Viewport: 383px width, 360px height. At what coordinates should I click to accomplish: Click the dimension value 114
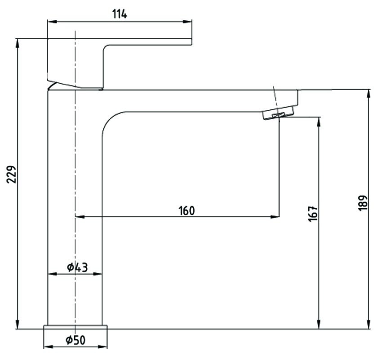click(x=119, y=14)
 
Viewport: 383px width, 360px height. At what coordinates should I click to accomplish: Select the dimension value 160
click(x=186, y=210)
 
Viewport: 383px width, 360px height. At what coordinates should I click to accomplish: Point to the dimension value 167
click(x=313, y=213)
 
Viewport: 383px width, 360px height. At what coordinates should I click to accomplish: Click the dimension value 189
click(x=364, y=203)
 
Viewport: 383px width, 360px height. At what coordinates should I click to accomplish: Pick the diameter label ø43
click(x=77, y=267)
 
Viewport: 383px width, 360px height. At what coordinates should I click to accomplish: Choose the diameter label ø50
click(x=75, y=341)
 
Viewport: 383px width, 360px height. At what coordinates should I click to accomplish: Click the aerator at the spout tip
click(x=279, y=112)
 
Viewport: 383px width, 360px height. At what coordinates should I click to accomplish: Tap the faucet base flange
click(x=76, y=327)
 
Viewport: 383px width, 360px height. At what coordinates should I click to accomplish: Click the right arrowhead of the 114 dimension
click(x=189, y=21)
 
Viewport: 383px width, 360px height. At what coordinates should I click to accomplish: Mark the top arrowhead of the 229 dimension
click(x=18, y=42)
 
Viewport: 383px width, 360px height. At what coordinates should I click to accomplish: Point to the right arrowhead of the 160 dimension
click(x=276, y=216)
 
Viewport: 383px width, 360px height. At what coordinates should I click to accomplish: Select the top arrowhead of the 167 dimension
click(x=319, y=121)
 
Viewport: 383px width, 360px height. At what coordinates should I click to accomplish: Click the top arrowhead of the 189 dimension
click(x=369, y=93)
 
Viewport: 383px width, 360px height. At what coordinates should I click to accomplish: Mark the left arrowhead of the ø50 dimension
click(x=47, y=347)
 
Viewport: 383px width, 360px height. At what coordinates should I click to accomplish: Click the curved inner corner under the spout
click(x=110, y=120)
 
